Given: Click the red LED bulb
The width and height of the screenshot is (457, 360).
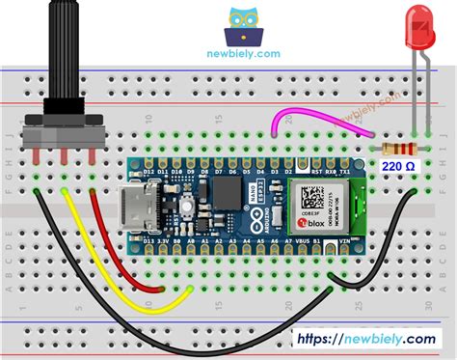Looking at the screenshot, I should tap(421, 29).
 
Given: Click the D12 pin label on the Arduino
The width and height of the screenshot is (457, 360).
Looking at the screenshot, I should tap(149, 174).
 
